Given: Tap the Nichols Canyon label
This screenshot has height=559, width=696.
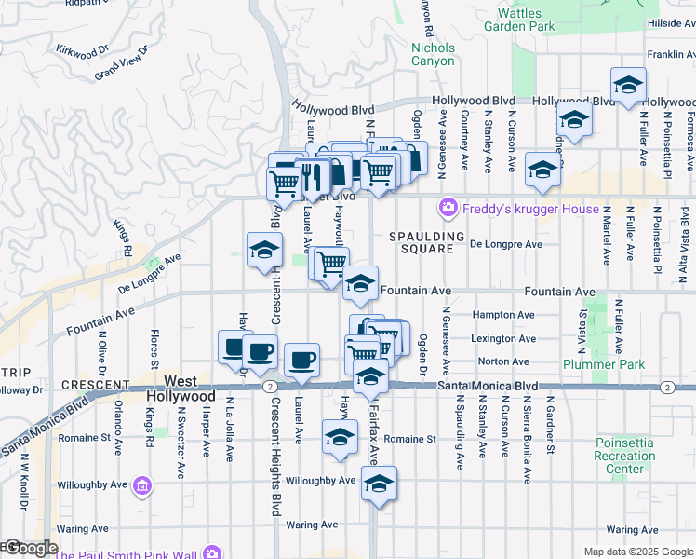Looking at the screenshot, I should (x=433, y=54).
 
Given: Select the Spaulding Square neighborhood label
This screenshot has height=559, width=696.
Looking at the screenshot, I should (x=427, y=243).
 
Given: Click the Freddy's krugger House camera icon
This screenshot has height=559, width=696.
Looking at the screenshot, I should (x=448, y=207).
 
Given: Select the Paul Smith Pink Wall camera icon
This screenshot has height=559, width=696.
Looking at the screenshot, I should (x=211, y=553).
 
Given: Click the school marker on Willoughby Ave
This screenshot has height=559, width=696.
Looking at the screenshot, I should (x=378, y=484).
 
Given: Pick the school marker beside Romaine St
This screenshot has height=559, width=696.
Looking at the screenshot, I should (x=340, y=436).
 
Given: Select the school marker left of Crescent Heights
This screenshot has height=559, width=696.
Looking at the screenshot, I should (x=264, y=250).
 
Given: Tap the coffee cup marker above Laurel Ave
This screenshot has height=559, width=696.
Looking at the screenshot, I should (x=301, y=361).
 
